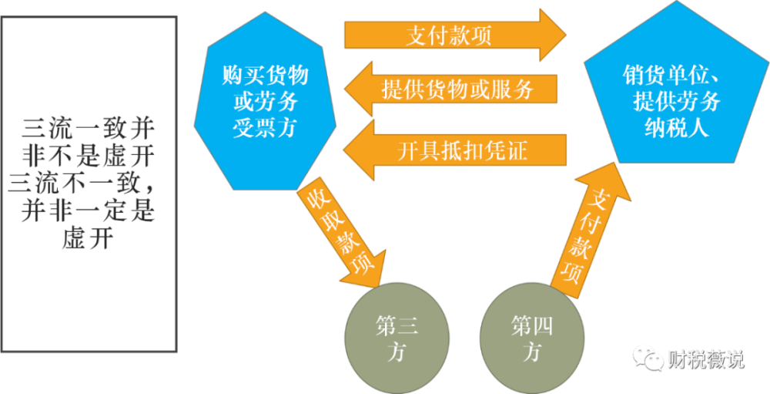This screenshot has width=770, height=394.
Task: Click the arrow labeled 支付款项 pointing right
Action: pyautogui.click(x=454, y=35)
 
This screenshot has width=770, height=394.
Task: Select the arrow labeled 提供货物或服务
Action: pyautogui.click(x=454, y=89)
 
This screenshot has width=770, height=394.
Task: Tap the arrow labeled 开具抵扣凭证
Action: pyautogui.click(x=454, y=150)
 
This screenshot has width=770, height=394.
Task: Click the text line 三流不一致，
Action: pyautogui.click(x=89, y=184)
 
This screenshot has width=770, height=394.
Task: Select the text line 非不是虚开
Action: pyautogui.click(x=89, y=156)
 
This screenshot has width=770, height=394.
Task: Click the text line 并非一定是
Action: pyautogui.click(x=89, y=211)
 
